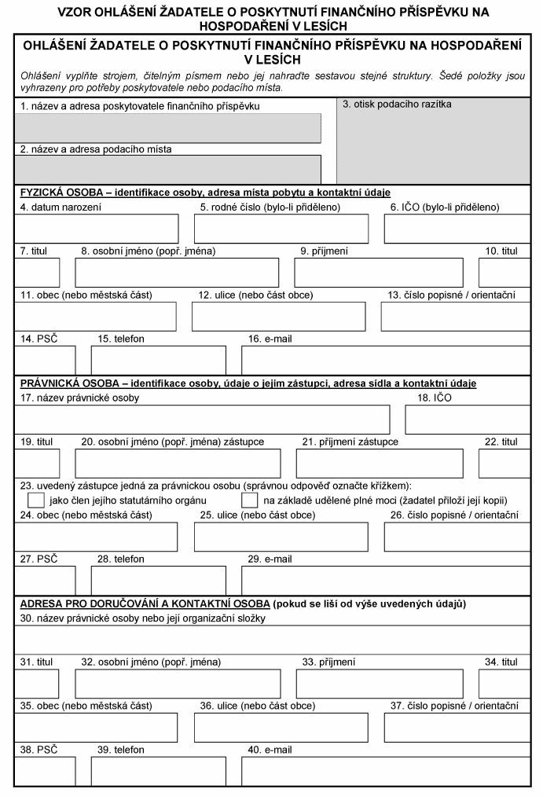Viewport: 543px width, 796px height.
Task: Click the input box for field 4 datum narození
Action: point(97,229)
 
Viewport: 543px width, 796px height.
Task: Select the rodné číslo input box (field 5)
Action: point(281,229)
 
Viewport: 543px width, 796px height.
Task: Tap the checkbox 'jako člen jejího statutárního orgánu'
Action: point(35,501)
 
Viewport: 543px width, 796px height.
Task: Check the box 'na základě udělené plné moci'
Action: point(250,501)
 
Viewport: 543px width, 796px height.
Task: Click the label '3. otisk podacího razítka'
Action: point(397,104)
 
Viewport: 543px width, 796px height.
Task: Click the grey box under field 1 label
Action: point(168,128)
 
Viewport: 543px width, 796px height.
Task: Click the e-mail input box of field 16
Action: point(385,359)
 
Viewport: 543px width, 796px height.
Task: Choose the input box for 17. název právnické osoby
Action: point(203,420)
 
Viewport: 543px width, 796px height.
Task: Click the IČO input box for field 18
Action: point(468,420)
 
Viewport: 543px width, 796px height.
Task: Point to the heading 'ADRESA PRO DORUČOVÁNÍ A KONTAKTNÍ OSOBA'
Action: point(143,604)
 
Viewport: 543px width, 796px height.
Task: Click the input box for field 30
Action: point(272,640)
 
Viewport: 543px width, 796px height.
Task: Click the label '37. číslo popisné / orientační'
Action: point(454,706)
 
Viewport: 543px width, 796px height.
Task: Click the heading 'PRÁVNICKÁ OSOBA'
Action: point(70,383)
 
